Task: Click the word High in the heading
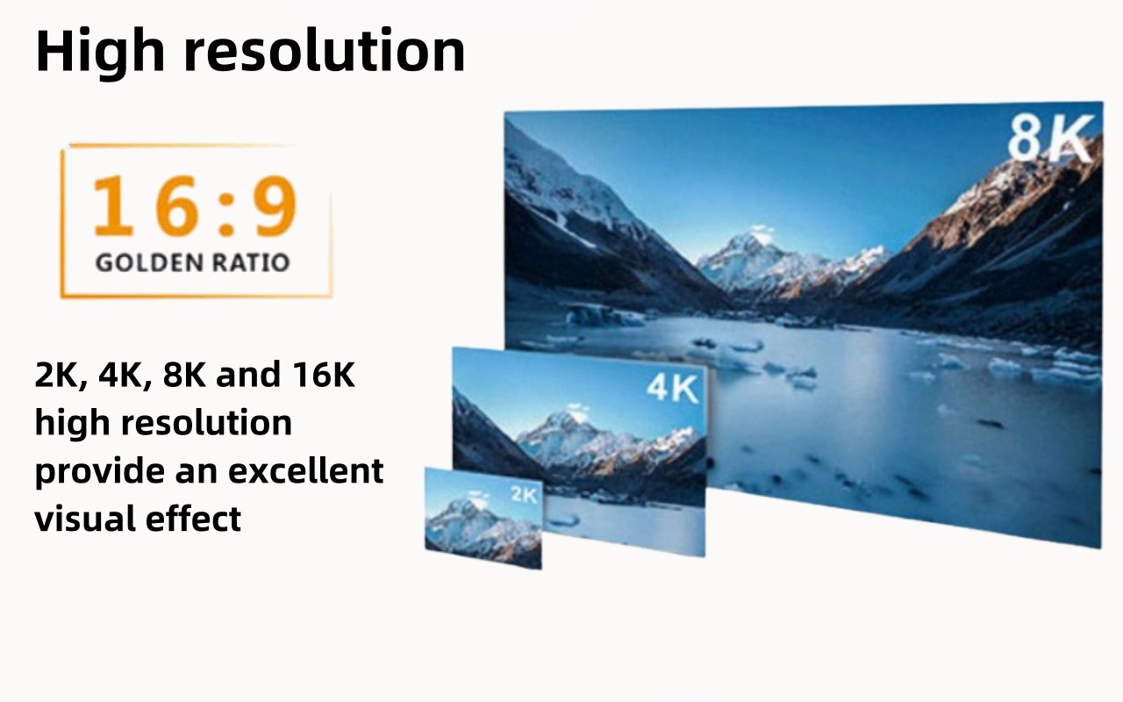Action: (x=100, y=52)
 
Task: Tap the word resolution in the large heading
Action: (x=325, y=50)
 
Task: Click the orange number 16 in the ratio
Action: (x=146, y=205)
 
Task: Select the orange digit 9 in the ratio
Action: (x=275, y=205)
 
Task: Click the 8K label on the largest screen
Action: (x=1051, y=138)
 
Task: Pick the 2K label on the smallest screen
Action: (x=524, y=495)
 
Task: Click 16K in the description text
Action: (x=324, y=374)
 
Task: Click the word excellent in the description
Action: (x=306, y=470)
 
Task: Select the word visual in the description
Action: (x=85, y=518)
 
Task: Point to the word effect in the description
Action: (x=193, y=518)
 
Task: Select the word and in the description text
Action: (x=247, y=374)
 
